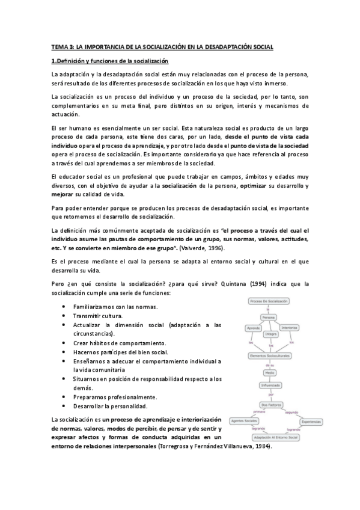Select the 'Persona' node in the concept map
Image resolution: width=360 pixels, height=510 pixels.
point(269,317)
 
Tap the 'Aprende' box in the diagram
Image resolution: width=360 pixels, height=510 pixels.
point(252,328)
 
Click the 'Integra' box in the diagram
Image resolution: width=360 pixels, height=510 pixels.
point(270,334)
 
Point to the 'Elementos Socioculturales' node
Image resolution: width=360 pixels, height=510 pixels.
point(270,355)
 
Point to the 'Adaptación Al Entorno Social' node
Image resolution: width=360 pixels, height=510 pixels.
point(276,437)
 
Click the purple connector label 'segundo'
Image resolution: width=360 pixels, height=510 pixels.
point(291,412)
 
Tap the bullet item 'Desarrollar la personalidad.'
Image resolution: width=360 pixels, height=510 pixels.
point(110,406)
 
